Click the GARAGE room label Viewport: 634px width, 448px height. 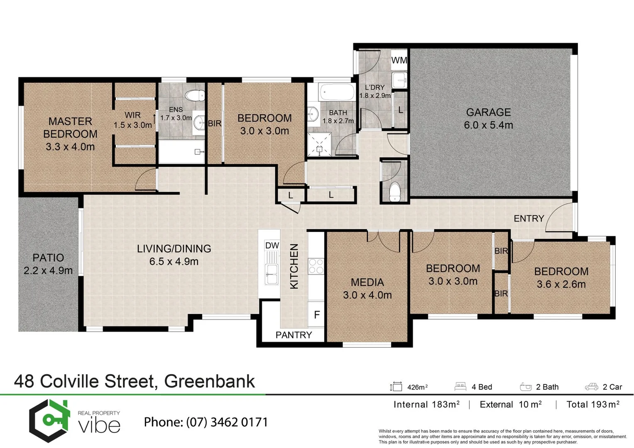pos(488,112)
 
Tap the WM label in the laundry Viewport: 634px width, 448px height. pos(399,60)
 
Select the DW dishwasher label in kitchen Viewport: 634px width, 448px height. pos(272,246)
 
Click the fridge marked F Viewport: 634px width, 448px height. pos(317,315)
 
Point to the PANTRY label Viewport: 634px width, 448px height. pos(294,335)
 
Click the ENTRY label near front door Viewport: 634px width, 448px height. pos(529,218)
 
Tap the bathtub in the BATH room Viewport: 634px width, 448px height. pos(337,92)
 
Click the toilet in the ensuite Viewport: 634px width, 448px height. pos(192,96)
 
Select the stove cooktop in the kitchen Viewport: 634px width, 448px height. pos(316,266)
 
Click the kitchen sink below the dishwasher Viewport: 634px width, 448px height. pos(272,274)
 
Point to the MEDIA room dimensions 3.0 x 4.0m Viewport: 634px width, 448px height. pos(367,295)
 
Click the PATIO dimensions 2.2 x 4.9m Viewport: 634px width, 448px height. pos(48,271)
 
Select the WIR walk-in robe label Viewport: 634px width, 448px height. pos(132,115)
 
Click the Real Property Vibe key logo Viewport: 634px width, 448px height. pos(49,421)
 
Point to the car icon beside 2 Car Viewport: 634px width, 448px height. pos(591,387)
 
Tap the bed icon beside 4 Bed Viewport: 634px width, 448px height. pos(460,387)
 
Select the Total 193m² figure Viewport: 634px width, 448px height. pos(593,404)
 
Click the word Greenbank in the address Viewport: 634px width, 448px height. pos(209,381)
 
